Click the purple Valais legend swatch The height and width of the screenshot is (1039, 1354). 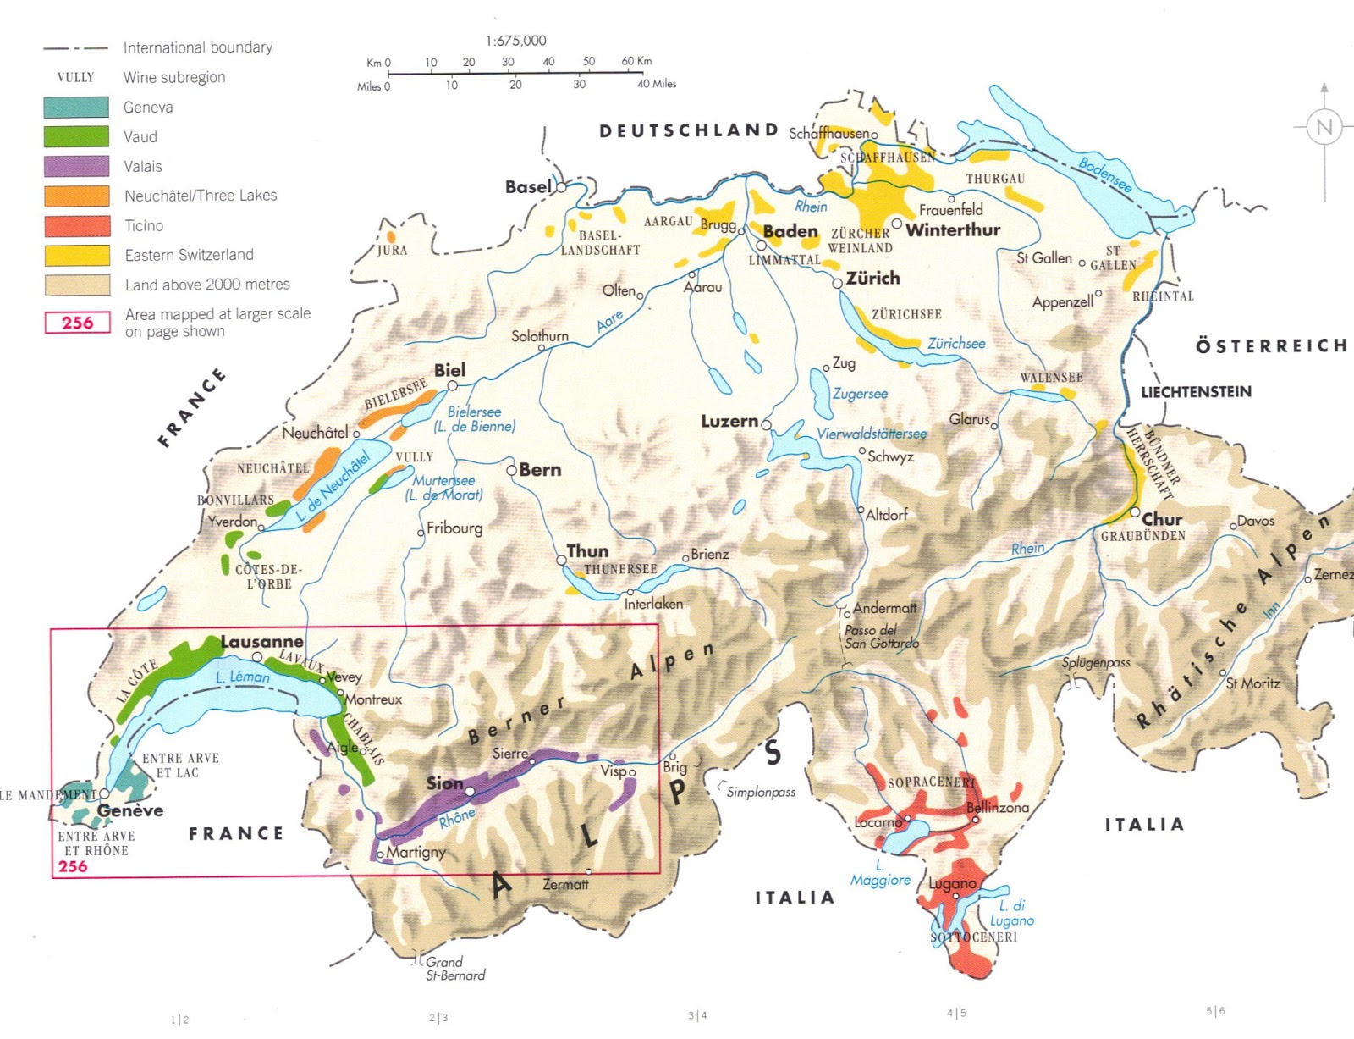(76, 166)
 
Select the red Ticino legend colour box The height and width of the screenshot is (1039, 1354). (76, 225)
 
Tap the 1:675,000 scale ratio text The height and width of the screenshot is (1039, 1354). (515, 41)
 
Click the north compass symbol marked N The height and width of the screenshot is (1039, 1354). (1324, 128)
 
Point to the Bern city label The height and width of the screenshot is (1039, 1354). (540, 469)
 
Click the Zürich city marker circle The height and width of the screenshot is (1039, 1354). (837, 284)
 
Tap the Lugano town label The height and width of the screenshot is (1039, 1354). (952, 883)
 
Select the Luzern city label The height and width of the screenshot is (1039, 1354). (729, 421)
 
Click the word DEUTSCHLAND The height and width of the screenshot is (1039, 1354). (689, 130)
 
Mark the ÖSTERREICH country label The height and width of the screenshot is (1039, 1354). (1271, 345)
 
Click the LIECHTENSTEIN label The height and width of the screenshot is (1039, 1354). (1196, 392)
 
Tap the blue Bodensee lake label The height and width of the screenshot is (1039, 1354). (1104, 174)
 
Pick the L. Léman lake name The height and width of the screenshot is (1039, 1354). (242, 677)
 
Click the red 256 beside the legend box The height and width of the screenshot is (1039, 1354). (77, 323)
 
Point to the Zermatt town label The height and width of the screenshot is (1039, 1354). (565, 884)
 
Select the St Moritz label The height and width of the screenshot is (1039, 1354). (1252, 683)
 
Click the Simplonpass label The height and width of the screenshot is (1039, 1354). (761, 793)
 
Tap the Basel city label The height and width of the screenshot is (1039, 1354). (528, 186)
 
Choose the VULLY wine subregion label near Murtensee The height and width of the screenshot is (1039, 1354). (414, 457)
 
